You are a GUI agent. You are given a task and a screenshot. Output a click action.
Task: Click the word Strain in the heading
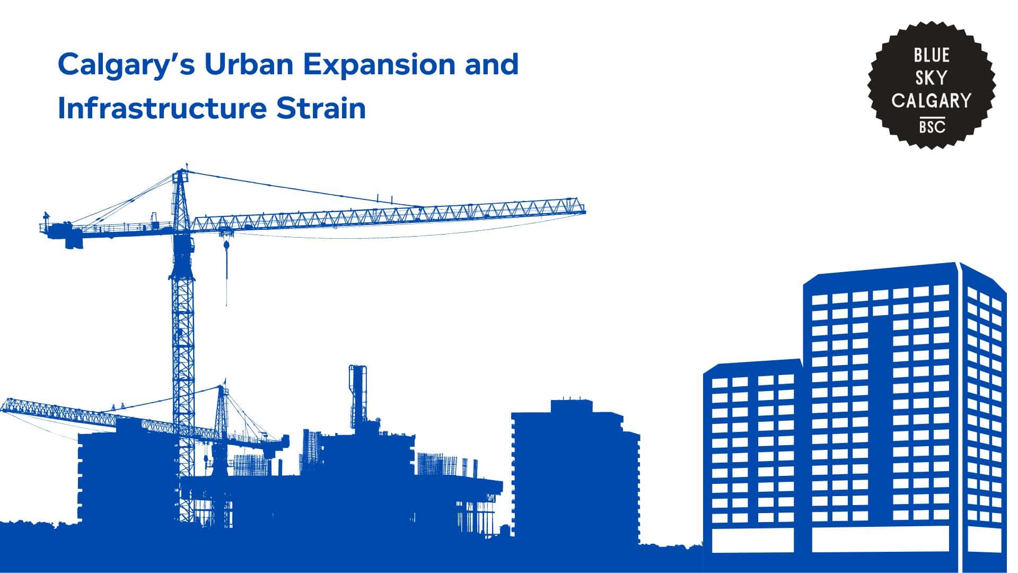320,108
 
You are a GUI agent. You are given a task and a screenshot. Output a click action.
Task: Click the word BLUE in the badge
932,55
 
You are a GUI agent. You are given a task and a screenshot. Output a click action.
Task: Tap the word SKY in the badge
932,78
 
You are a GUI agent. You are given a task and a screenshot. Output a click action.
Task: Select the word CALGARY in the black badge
932,101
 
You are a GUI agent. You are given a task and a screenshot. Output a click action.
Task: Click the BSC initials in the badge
932,127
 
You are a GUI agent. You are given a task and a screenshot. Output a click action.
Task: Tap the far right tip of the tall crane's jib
585,212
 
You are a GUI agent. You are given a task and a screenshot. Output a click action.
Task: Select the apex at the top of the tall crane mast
182,170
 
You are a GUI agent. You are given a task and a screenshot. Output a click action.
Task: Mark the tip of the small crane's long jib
2,406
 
